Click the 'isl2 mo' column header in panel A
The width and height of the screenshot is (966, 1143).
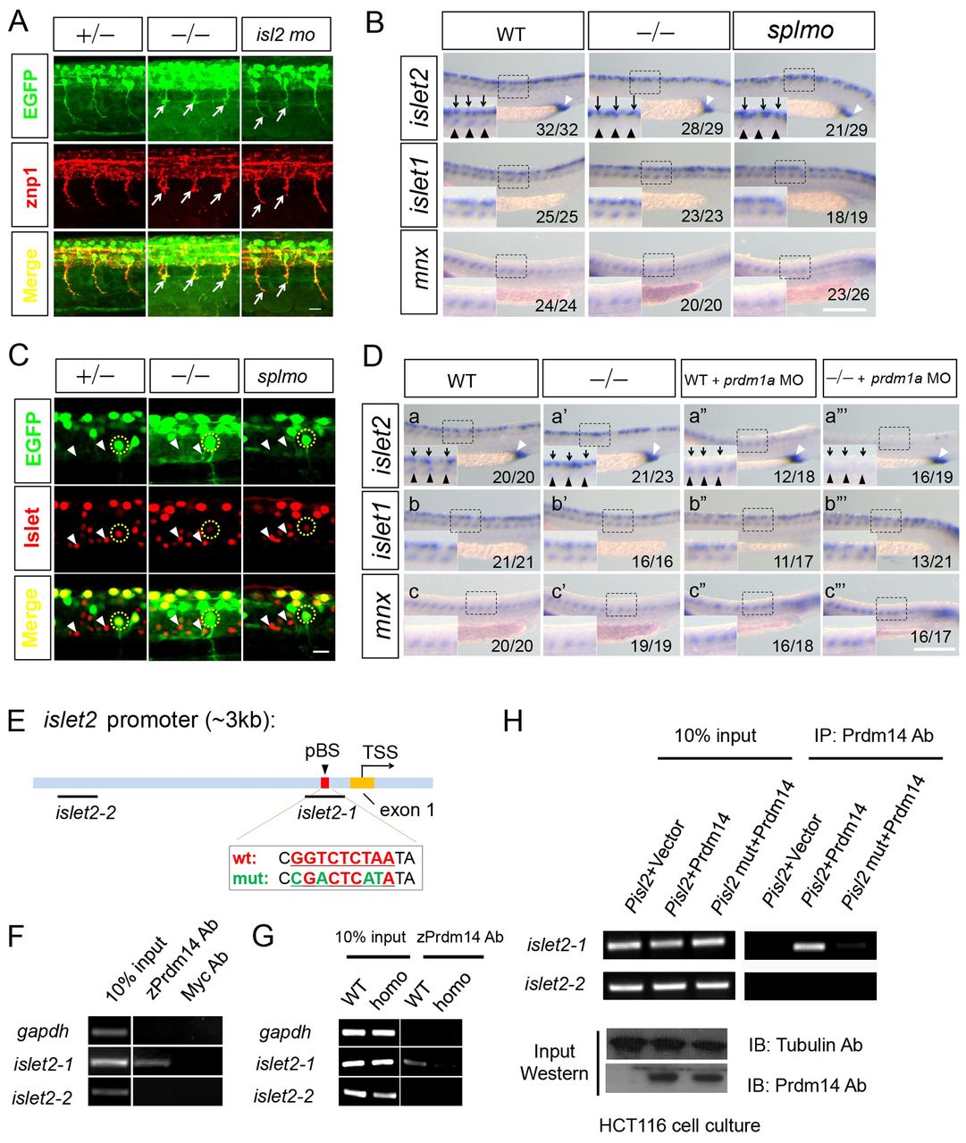tap(286, 35)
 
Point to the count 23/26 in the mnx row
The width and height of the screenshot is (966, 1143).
tap(848, 295)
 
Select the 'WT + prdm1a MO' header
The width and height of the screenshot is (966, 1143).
tap(748, 379)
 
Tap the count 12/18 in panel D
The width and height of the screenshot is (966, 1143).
tap(794, 478)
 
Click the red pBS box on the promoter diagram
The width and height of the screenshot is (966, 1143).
tap(325, 782)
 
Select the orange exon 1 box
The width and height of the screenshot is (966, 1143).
tap(362, 782)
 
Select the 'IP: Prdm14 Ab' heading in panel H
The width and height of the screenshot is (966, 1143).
tap(873, 735)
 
